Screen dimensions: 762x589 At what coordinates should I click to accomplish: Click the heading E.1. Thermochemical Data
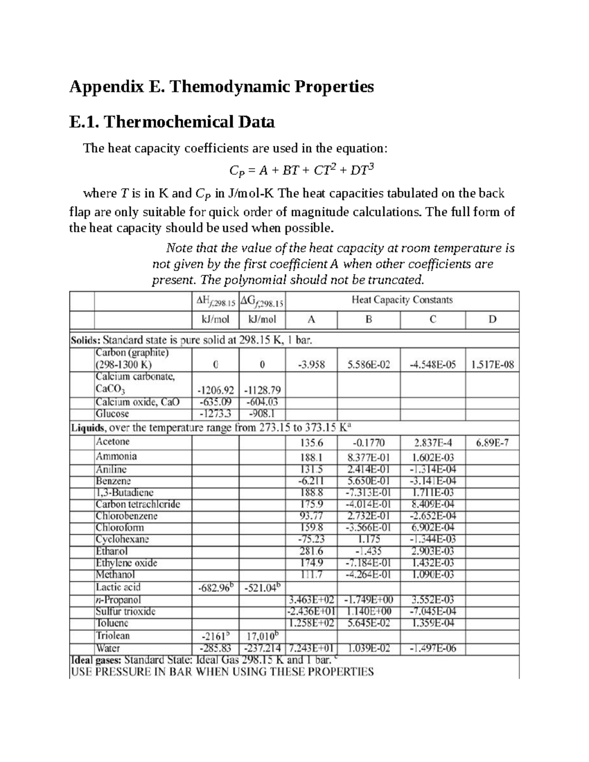(x=172, y=121)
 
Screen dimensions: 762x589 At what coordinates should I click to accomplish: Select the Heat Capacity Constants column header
(x=402, y=300)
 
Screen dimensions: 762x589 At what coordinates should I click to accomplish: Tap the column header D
(x=492, y=319)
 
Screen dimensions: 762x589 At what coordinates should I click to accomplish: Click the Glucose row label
(x=112, y=414)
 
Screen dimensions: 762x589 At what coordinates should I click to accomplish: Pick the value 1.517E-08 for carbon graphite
(x=492, y=365)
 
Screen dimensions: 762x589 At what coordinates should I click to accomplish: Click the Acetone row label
(x=113, y=442)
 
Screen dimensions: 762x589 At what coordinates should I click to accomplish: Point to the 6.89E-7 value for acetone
(x=492, y=443)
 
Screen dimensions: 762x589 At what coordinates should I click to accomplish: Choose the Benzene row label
(x=113, y=481)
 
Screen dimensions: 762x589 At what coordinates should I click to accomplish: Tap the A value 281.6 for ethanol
(x=311, y=551)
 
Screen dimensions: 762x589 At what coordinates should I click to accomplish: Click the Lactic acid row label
(x=118, y=587)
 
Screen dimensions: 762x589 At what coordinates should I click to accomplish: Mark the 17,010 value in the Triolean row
(x=261, y=636)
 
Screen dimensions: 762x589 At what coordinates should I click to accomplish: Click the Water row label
(x=108, y=648)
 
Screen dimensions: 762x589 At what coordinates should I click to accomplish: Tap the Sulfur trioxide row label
(x=125, y=611)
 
